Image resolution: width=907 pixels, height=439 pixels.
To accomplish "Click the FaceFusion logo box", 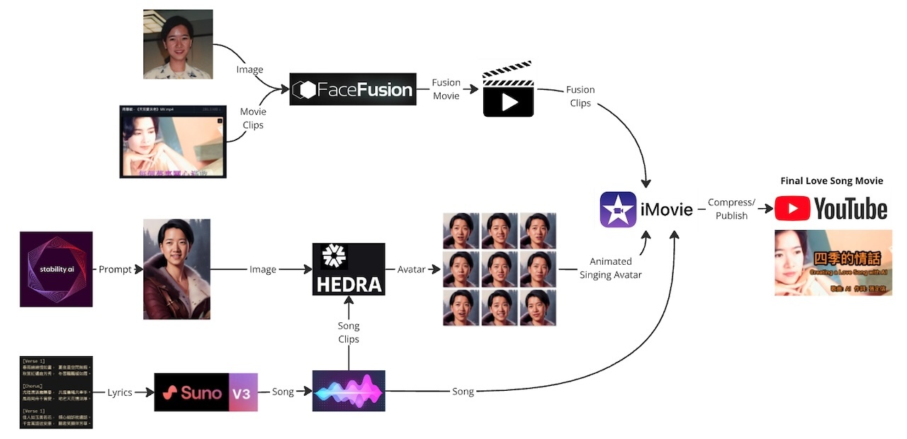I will (x=353, y=90).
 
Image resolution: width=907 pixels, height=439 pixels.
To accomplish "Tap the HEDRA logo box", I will (x=349, y=269).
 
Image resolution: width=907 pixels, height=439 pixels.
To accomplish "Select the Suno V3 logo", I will (x=205, y=392).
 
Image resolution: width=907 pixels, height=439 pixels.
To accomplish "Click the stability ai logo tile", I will (x=56, y=269).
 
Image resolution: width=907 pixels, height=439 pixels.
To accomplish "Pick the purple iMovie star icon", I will (x=618, y=210).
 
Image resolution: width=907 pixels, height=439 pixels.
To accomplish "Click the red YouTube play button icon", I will (x=791, y=209).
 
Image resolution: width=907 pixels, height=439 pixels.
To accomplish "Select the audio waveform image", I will (x=349, y=391).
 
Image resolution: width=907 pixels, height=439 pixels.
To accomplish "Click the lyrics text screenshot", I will (x=56, y=392).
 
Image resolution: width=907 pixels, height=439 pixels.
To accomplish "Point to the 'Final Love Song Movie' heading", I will (x=831, y=181).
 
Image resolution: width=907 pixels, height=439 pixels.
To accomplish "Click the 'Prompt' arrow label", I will (x=115, y=270).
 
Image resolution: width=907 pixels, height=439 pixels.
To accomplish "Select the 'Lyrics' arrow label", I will (x=120, y=392).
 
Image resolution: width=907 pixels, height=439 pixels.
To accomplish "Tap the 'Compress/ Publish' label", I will (x=731, y=209).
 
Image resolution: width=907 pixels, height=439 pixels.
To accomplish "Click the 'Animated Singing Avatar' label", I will (x=610, y=268).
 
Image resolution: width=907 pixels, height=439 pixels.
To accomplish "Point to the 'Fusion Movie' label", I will (x=446, y=89).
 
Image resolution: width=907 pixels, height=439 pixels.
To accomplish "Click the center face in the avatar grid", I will (x=500, y=269).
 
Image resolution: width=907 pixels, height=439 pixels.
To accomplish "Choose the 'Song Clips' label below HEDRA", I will (x=349, y=332).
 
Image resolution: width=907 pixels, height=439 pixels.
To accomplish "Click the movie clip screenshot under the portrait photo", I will (x=173, y=141).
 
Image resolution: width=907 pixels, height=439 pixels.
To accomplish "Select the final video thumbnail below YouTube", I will (x=833, y=263).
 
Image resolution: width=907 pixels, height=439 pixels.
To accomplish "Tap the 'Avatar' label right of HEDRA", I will (x=412, y=269).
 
